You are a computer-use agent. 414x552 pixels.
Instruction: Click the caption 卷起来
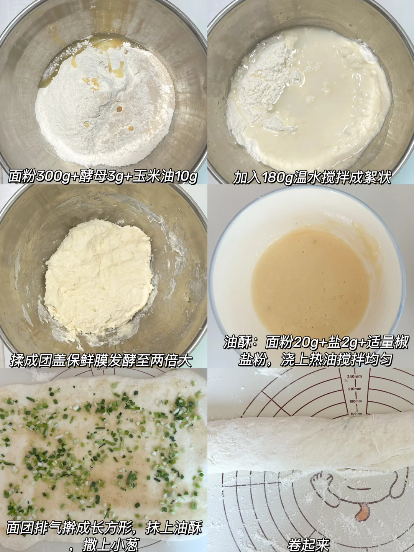coord(309,545)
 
